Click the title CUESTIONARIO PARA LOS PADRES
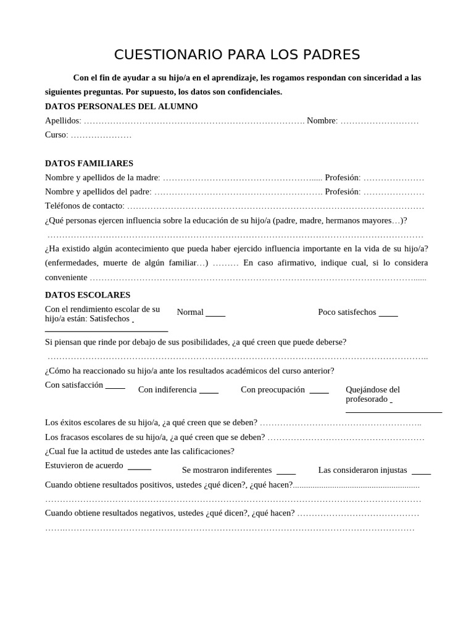[237, 55]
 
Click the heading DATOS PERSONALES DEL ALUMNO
[121, 106]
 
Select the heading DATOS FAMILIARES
[89, 164]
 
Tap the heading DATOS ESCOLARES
[88, 295]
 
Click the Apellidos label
[62, 120]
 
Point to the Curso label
[56, 135]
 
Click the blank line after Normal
[215, 315]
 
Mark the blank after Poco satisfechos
[388, 315]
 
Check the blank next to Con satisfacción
[115, 388]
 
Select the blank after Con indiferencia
[209, 392]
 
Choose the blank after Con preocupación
[319, 392]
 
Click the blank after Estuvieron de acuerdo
[139, 468]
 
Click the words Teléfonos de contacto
[84, 206]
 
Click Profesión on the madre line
[342, 178]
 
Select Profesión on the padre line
[342, 192]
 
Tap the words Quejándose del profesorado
[372, 394]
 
